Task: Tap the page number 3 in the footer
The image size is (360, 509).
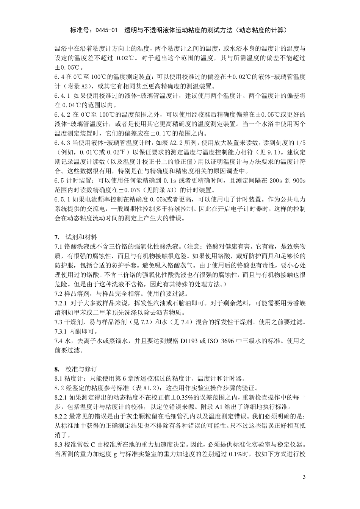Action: [304, 476]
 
